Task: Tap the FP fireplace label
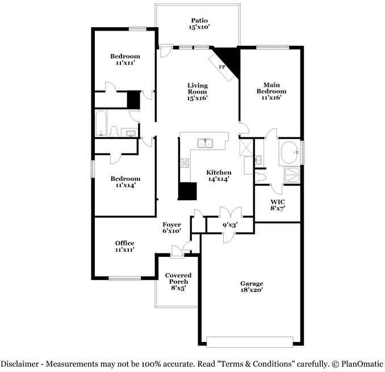click(x=222, y=67)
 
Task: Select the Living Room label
click(x=198, y=91)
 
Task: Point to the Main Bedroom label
click(x=271, y=91)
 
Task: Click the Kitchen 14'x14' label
click(x=218, y=175)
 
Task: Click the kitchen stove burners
click(x=185, y=163)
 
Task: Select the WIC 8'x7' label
click(x=277, y=205)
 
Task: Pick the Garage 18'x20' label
click(x=252, y=286)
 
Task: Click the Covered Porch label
click(x=177, y=281)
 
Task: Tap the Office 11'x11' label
click(x=125, y=246)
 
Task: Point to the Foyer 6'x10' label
click(x=171, y=227)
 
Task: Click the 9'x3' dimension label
click(x=229, y=225)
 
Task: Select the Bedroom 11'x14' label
click(x=125, y=181)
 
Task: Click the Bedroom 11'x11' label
click(x=125, y=59)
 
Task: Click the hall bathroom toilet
click(x=113, y=132)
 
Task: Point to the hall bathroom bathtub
click(x=101, y=124)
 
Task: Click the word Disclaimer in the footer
click(x=21, y=363)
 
